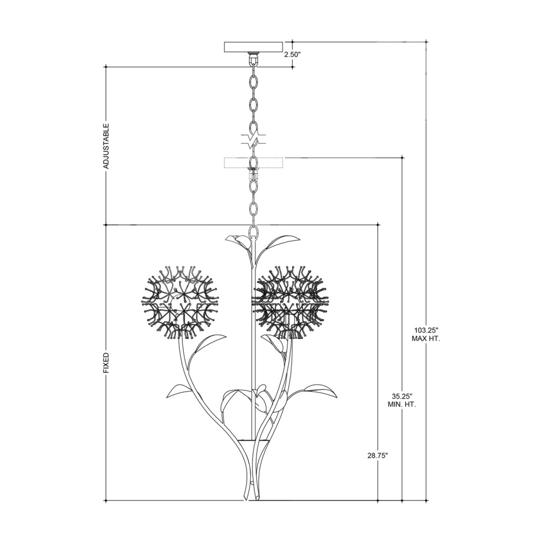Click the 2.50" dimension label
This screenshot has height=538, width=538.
click(x=293, y=54)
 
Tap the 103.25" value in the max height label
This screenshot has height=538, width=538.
click(x=426, y=330)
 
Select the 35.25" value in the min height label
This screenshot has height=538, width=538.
click(x=402, y=395)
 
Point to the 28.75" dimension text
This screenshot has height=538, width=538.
click(x=378, y=456)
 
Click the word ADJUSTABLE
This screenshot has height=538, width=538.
click(x=107, y=146)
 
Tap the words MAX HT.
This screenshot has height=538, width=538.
click(x=426, y=339)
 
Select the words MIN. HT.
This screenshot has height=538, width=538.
click(x=402, y=404)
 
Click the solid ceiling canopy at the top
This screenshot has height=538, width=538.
click(x=253, y=47)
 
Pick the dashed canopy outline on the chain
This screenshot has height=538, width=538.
click(x=253, y=162)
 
